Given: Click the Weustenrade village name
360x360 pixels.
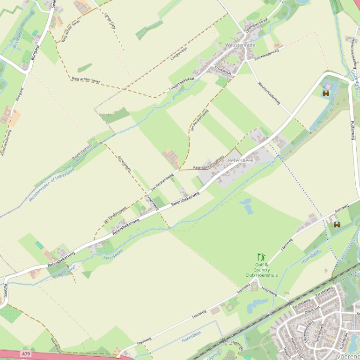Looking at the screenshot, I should click(240, 45).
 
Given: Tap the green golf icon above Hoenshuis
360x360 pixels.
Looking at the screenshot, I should click(261, 257).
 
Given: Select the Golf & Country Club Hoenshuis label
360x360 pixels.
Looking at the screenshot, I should click(261, 270).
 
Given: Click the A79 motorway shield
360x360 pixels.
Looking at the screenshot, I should click(26, 354).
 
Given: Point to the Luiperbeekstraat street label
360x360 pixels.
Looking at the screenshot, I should click(181, 84).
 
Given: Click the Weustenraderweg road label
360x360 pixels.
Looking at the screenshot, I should click(269, 92).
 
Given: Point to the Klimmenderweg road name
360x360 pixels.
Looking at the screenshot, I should click(6, 143).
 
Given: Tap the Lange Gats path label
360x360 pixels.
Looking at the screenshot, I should click(110, 22).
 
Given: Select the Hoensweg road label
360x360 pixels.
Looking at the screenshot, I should click(269, 292).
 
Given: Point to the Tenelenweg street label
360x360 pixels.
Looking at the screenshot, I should click(319, 331).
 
